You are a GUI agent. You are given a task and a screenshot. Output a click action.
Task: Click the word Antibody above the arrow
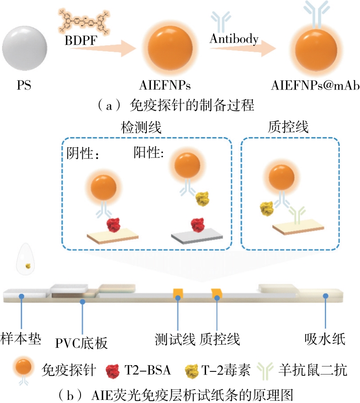(x=234, y=39)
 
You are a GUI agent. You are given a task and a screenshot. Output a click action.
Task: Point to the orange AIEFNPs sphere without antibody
(x=171, y=46)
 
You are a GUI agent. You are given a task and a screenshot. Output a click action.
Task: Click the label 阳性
(x=149, y=152)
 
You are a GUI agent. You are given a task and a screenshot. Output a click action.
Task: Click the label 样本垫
(x=21, y=338)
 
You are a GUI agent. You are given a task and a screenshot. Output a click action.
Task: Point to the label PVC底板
(x=81, y=343)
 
